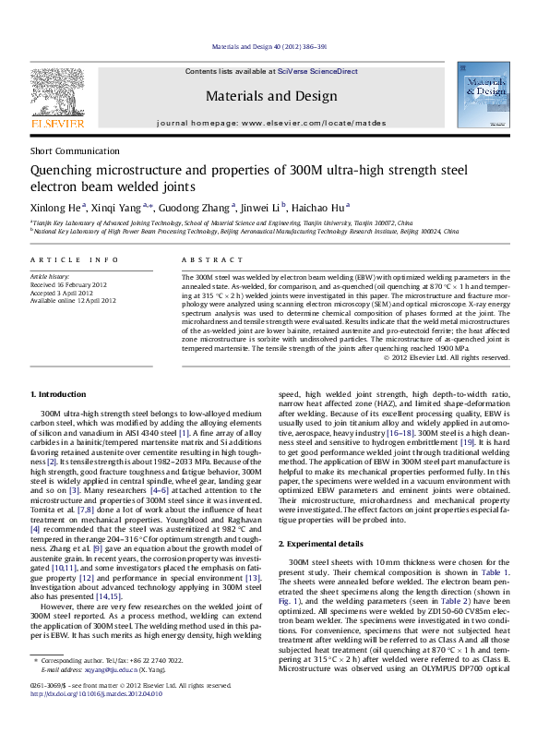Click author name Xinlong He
[x=56, y=208]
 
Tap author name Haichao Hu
[x=328, y=208]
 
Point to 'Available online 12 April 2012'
[x=74, y=300]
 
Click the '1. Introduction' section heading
[x=60, y=394]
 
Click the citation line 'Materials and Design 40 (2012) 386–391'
[x=274, y=45]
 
